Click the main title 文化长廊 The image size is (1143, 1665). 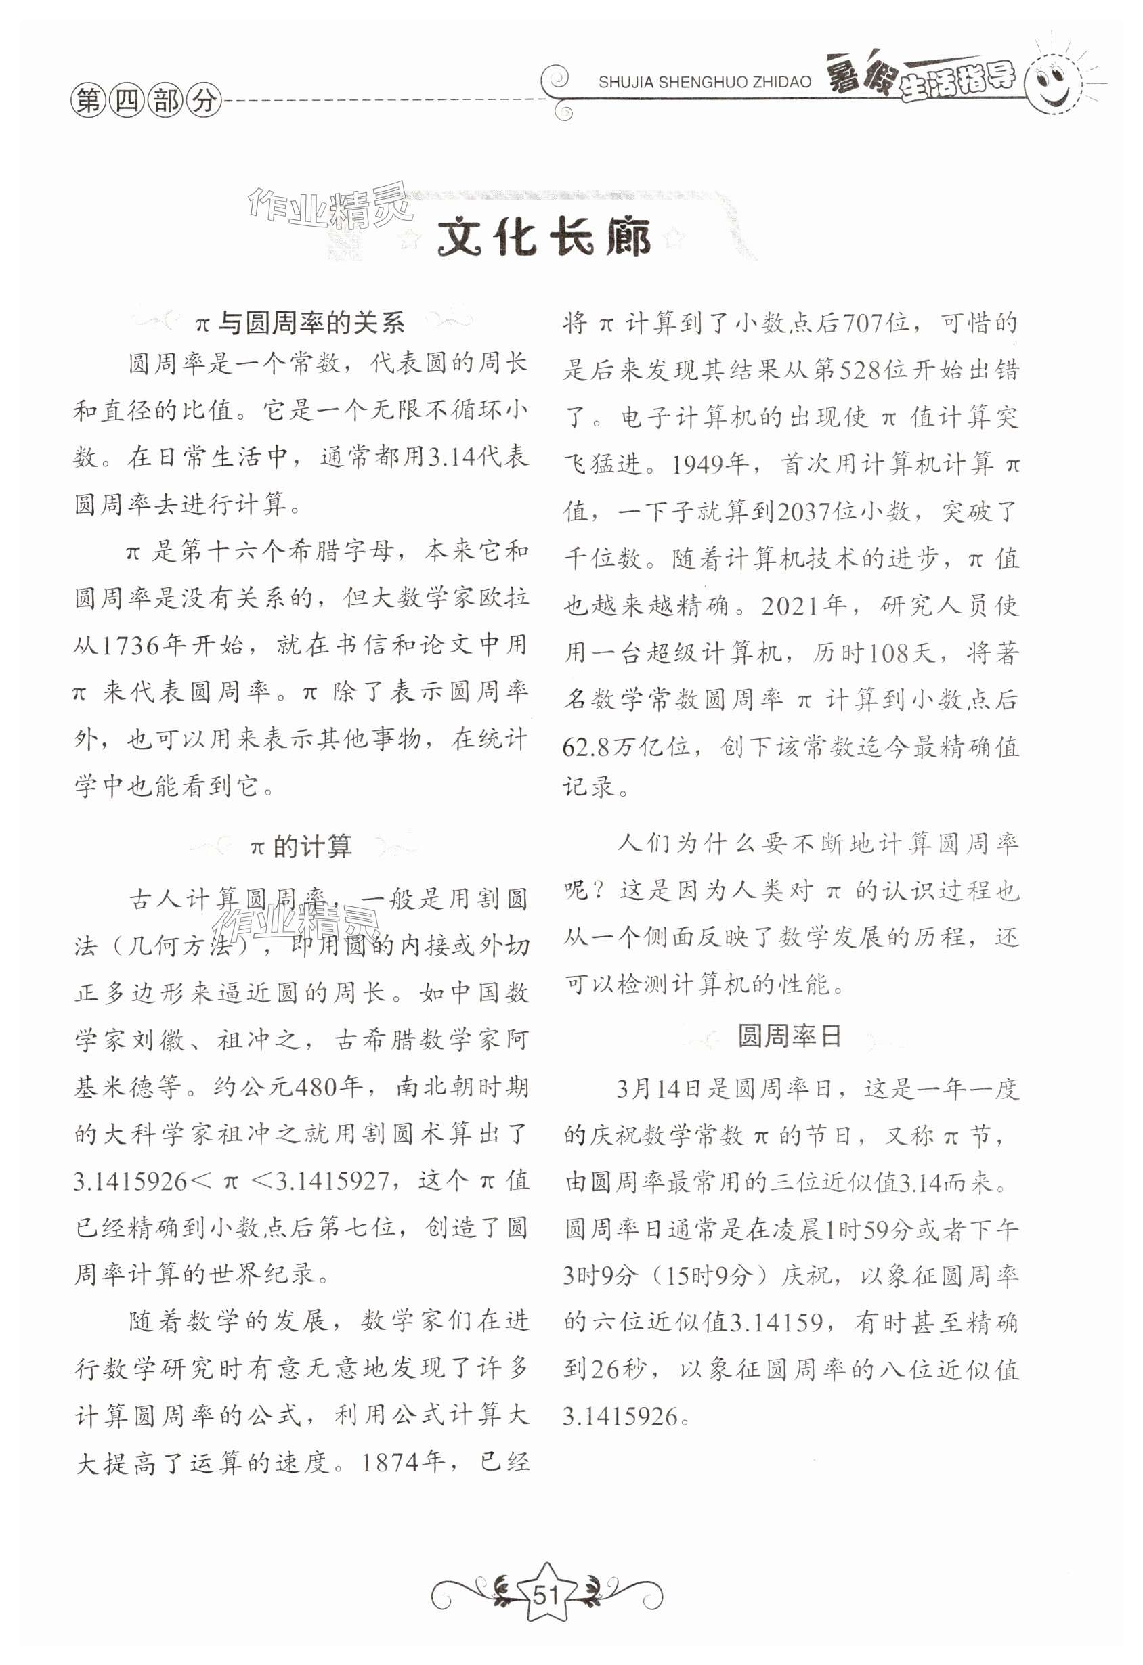pyautogui.click(x=544, y=236)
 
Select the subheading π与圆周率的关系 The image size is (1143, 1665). pyautogui.click(x=300, y=323)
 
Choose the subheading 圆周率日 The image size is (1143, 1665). pyautogui.click(x=789, y=1036)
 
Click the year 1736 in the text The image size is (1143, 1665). pyautogui.click(x=127, y=646)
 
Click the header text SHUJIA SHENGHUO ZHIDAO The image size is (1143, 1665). pyautogui.click(x=704, y=82)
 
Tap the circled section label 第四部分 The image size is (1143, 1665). pyautogui.click(x=146, y=100)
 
